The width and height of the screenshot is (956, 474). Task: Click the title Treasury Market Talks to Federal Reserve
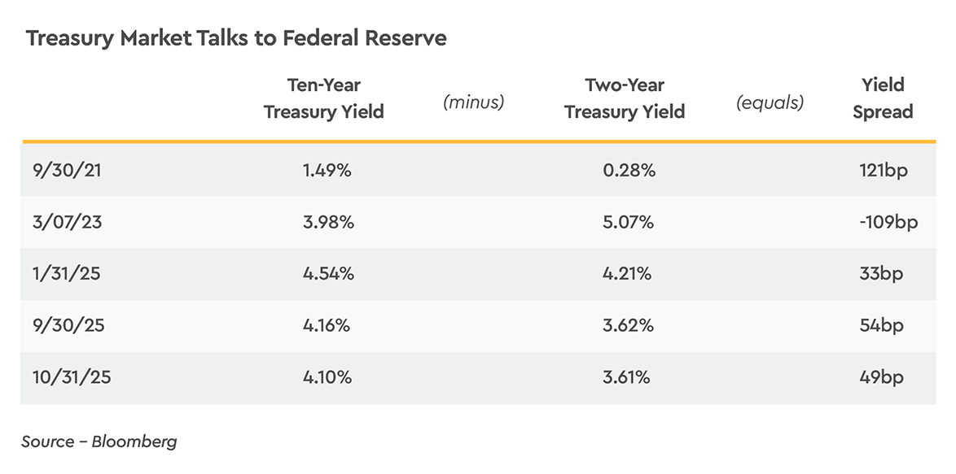click(236, 38)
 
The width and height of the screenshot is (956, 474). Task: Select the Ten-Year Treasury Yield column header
click(323, 98)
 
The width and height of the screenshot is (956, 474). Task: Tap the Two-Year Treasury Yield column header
click(625, 98)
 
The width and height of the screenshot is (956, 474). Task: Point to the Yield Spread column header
click(883, 98)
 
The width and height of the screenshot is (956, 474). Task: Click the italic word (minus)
click(473, 102)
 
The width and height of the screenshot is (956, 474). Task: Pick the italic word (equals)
click(770, 102)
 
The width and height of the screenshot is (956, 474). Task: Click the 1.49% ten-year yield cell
click(327, 170)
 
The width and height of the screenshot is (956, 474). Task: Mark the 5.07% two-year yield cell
click(627, 222)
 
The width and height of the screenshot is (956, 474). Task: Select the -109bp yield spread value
click(888, 222)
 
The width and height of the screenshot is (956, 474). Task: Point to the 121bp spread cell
click(883, 170)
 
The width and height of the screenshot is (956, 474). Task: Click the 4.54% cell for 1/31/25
click(327, 274)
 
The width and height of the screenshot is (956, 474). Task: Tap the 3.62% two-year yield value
click(627, 325)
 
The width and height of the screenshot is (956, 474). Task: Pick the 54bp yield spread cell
click(881, 325)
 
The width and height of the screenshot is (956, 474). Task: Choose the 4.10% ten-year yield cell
click(327, 377)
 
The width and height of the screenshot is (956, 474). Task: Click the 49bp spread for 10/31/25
click(881, 377)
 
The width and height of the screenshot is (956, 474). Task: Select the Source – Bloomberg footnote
click(99, 441)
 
